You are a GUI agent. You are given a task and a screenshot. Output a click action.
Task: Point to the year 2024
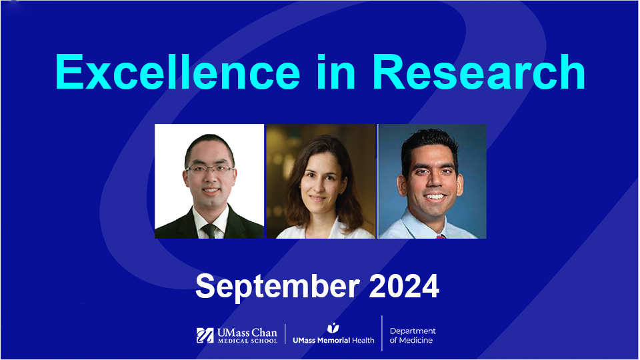404,286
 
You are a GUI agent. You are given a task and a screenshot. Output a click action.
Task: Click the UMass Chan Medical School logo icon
205,335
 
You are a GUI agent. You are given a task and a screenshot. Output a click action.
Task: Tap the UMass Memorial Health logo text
333,340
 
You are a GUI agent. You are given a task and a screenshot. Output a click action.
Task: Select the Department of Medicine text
413,335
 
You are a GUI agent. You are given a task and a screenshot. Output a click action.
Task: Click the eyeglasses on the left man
210,169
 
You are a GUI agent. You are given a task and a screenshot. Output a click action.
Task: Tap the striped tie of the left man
210,230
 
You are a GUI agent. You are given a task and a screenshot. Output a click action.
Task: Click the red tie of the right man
441,236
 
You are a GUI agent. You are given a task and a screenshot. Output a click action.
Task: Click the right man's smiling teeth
435,197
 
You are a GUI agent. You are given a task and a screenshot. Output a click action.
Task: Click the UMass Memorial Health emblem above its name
333,327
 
